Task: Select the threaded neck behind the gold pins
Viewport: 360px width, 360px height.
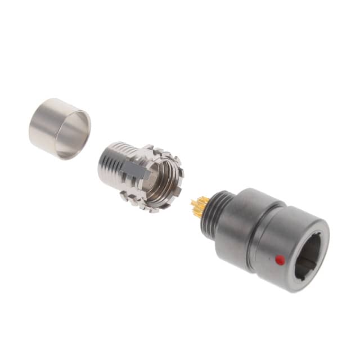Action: pyautogui.click(x=216, y=214)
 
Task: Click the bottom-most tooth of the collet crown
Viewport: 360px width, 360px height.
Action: pyautogui.click(x=153, y=209)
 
